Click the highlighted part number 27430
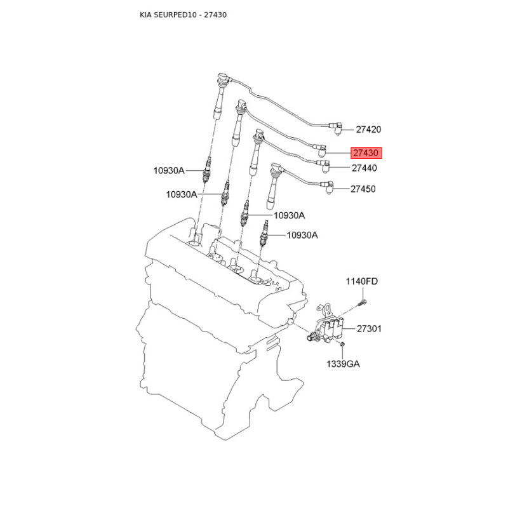coord(366,152)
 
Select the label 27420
coord(368,130)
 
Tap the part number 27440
coord(364,168)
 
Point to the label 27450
coord(363,189)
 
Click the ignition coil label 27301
coord(369,329)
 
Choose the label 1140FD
coord(361,281)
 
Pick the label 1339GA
coord(343,364)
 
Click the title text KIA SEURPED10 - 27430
coord(183,15)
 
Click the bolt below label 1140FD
coord(362,304)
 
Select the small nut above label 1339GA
coord(342,344)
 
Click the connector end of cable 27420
coord(336,129)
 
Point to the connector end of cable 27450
coord(327,187)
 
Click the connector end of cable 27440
coord(324,165)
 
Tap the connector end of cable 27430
coord(321,149)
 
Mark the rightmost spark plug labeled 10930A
coord(264,234)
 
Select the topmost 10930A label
coord(169,170)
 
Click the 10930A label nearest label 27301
coord(302,235)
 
